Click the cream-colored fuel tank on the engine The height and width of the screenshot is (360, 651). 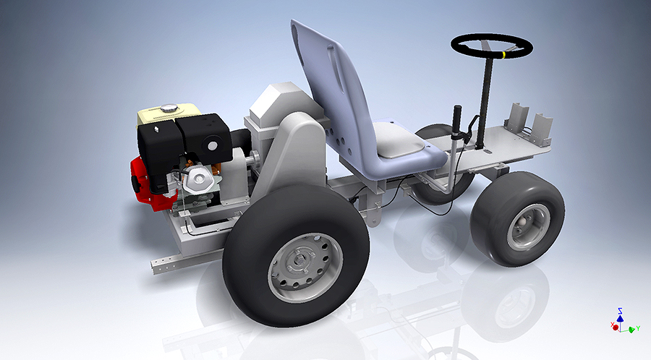point(159,116)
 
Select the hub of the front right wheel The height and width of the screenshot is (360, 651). point(527,226)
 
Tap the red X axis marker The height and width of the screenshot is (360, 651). point(616,327)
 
